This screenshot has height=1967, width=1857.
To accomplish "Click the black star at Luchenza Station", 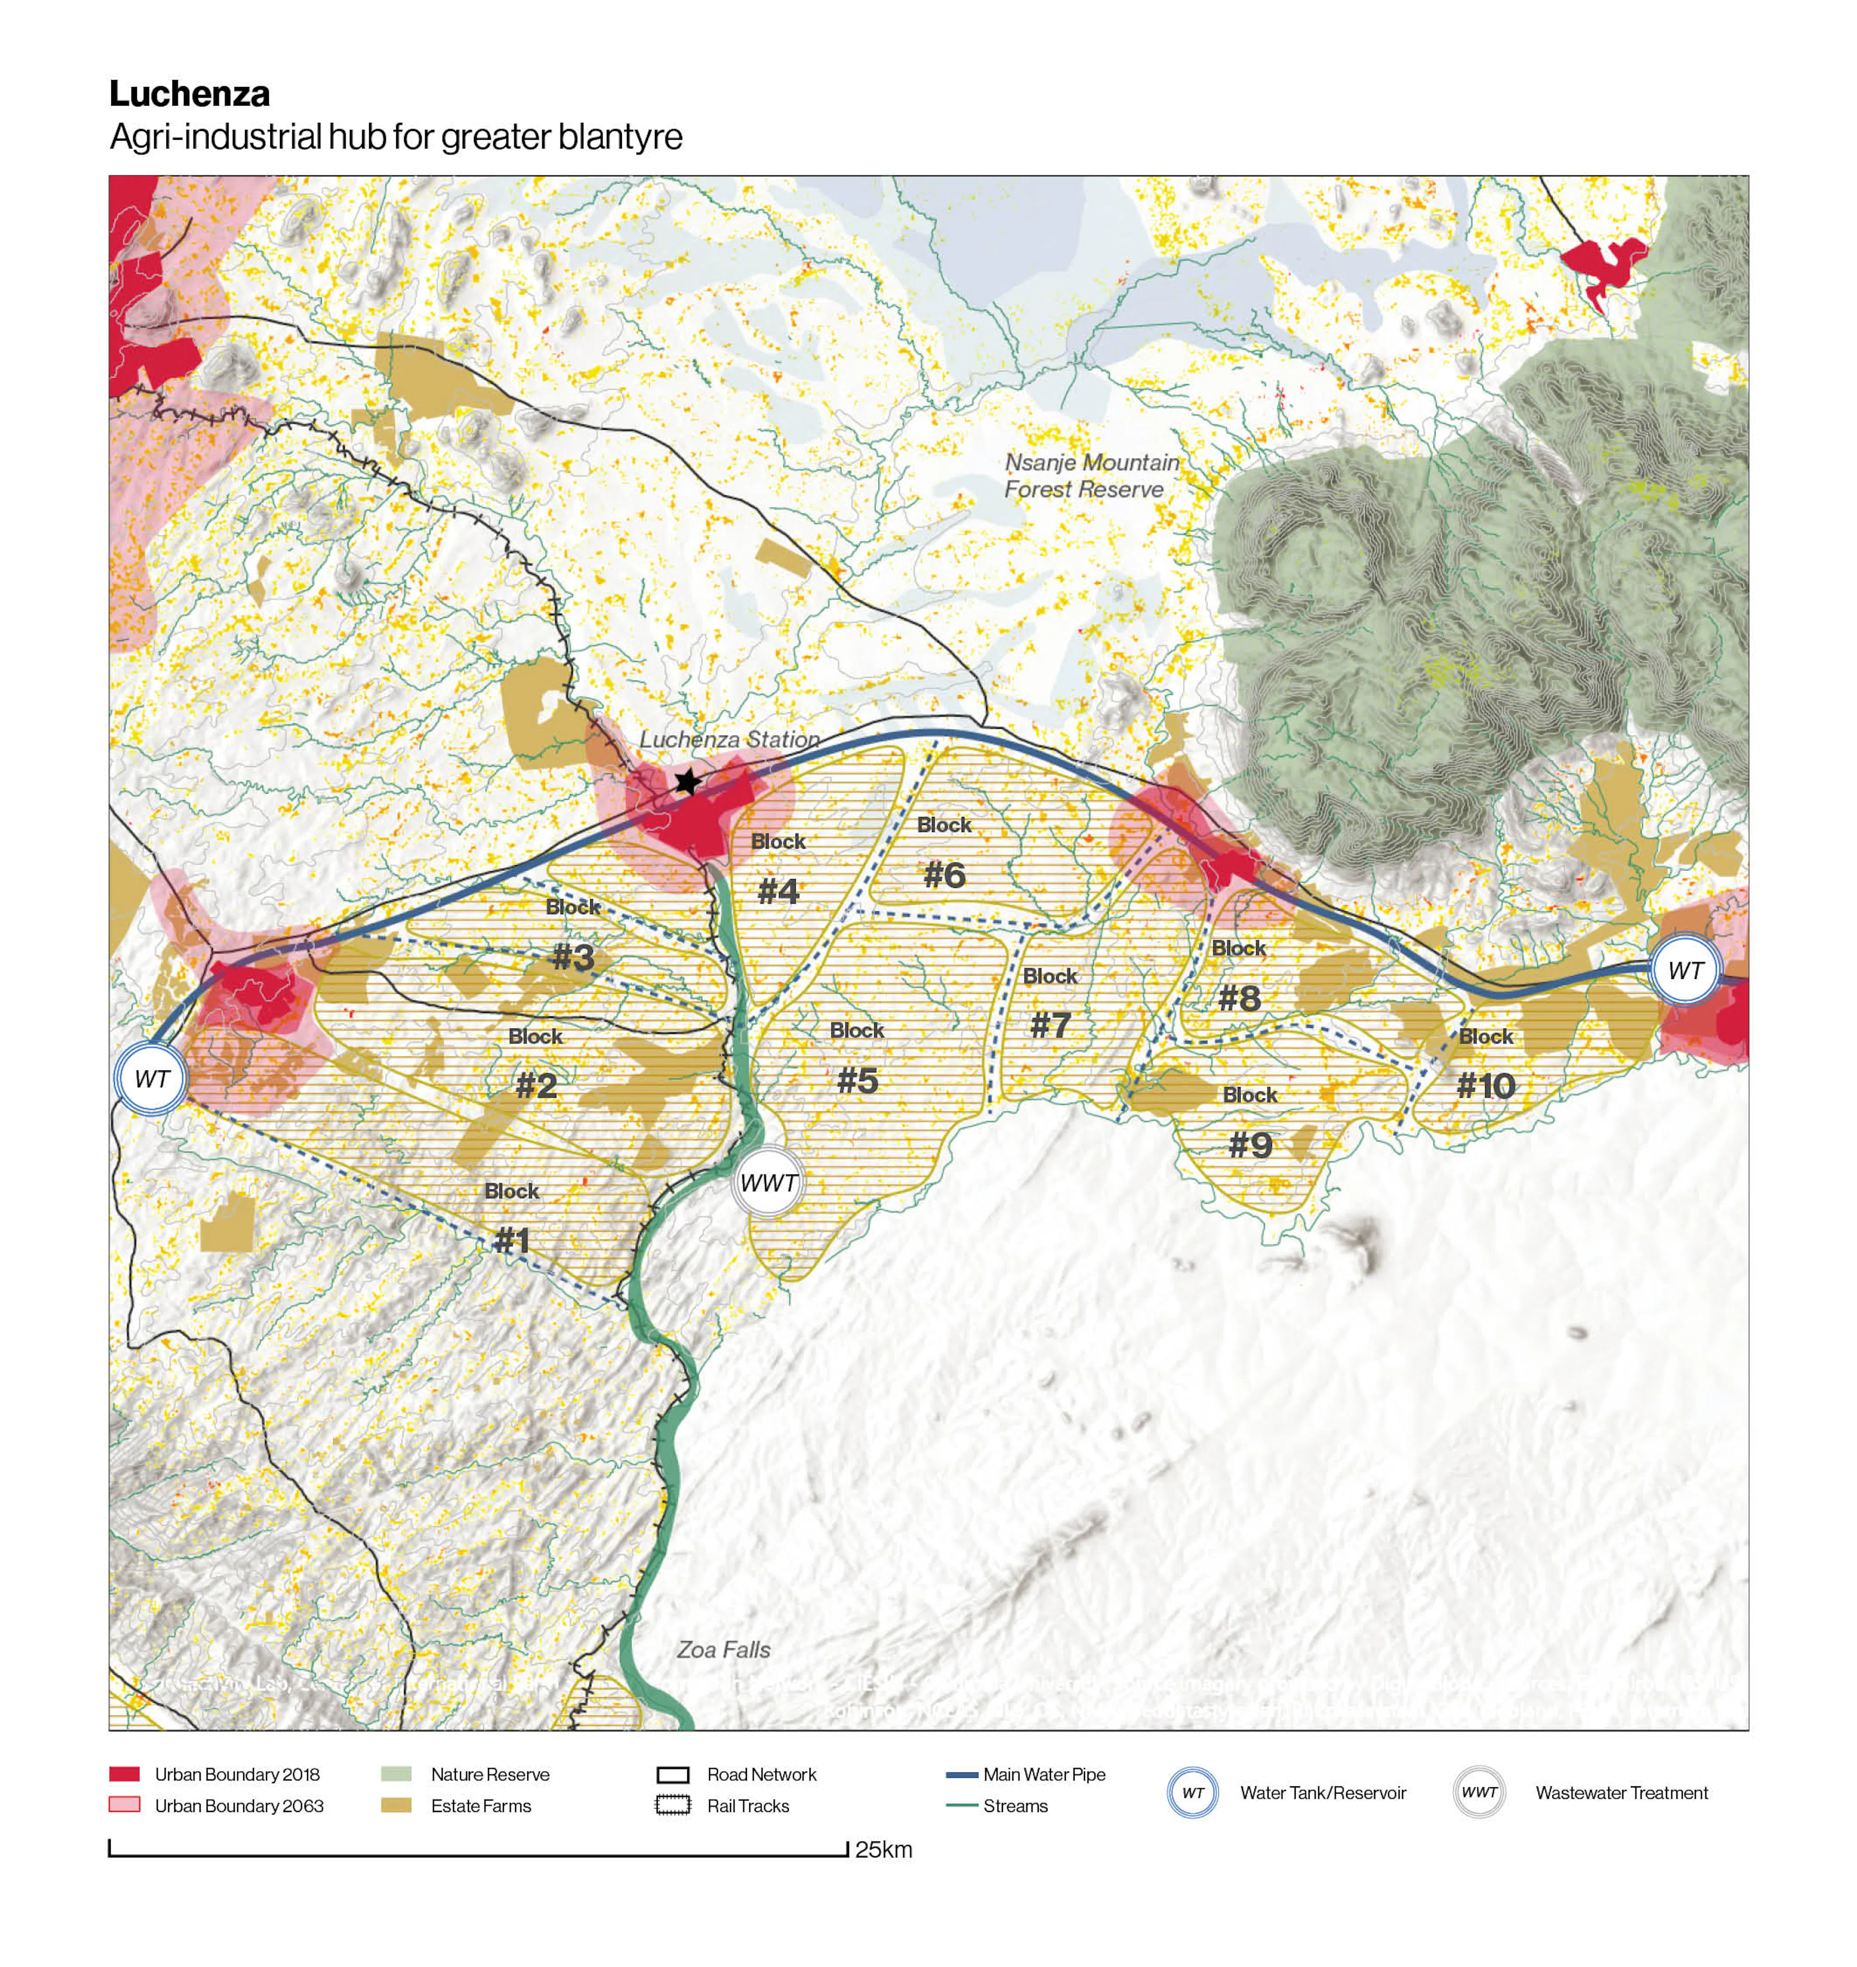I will (687, 782).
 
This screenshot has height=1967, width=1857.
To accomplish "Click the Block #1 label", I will (512, 1218).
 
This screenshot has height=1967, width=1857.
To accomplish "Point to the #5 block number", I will (857, 1080).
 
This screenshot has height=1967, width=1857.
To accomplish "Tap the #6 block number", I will (944, 875).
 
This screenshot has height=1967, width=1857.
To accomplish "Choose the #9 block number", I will (1250, 1145).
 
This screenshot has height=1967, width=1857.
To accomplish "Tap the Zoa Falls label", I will (723, 1649).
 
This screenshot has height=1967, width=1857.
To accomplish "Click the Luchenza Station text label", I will (729, 739).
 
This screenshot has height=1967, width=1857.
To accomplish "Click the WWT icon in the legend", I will (1479, 1792).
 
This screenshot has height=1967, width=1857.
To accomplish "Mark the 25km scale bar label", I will (883, 1849).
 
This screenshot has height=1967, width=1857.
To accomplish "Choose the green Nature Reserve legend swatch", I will (396, 1774).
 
